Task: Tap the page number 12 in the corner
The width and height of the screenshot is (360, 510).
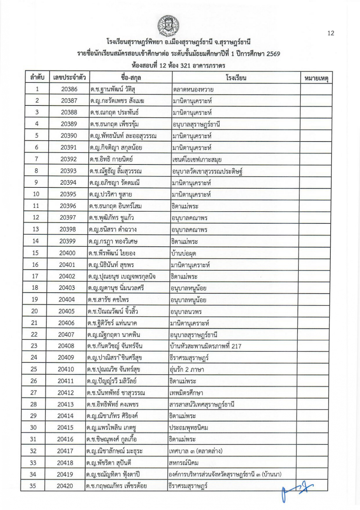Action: pos(331,33)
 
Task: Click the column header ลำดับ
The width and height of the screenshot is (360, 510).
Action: pos(37,77)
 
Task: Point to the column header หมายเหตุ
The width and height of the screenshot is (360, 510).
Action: pos(316,78)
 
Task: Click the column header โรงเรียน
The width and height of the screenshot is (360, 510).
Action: pos(236,77)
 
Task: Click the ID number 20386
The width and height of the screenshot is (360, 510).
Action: pos(69,89)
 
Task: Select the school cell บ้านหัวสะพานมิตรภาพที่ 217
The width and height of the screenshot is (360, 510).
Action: pos(205,346)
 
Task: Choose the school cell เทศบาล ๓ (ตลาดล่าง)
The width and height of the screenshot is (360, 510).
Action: pos(196,451)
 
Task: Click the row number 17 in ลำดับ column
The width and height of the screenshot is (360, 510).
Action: pos(35,276)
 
